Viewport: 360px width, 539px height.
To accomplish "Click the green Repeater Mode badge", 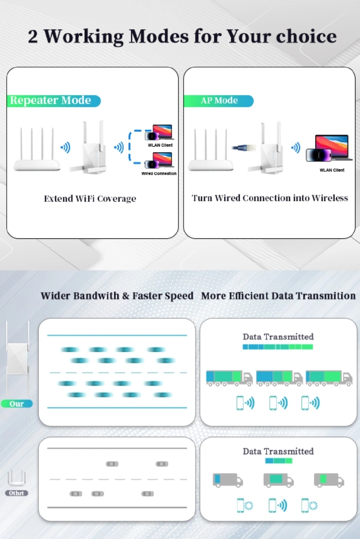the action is [x=54, y=101].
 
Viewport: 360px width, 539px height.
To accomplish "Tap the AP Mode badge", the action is [x=218, y=101].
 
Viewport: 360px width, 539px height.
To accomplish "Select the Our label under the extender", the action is [x=16, y=404].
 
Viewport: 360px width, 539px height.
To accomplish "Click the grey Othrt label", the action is [x=16, y=493].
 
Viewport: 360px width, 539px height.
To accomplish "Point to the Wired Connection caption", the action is [x=159, y=174].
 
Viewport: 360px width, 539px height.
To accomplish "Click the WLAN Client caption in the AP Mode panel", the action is [x=332, y=170].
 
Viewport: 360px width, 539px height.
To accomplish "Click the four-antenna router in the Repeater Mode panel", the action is [x=37, y=149].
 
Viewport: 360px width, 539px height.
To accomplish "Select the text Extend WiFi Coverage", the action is [x=90, y=199].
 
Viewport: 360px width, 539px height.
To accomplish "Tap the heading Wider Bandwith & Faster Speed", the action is [x=117, y=296].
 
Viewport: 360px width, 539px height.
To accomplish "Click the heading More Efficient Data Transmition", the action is [x=278, y=296].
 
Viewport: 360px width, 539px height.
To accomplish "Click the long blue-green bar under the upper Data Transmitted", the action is [x=278, y=347].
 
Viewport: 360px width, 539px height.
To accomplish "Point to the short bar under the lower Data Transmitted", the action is [x=279, y=461].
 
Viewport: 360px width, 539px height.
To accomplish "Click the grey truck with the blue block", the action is [x=227, y=480].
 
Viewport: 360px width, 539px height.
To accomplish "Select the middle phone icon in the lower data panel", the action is [x=272, y=505].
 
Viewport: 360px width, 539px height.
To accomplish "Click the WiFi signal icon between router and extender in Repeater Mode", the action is [x=66, y=147].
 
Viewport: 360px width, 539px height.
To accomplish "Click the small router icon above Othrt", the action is [x=16, y=478].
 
